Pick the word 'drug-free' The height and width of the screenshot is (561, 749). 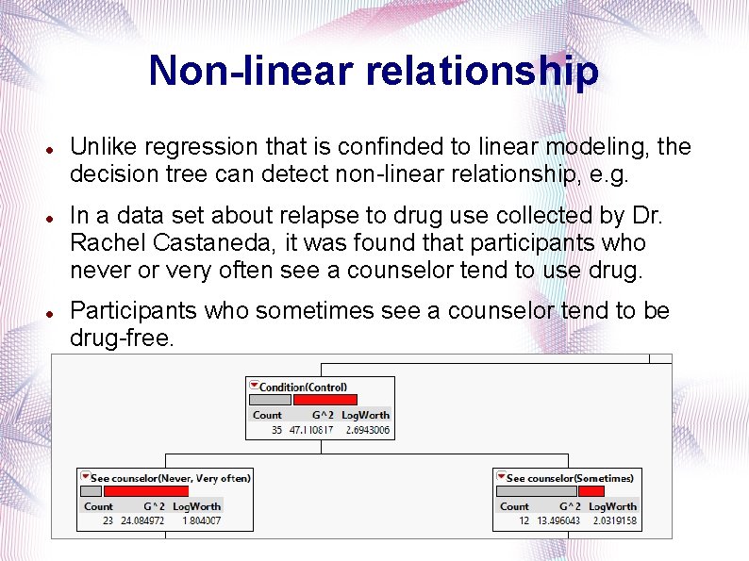(x=122, y=338)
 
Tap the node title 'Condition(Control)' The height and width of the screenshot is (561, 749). (x=303, y=387)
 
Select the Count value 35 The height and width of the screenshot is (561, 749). (x=276, y=430)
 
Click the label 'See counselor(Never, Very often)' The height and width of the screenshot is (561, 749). (x=170, y=478)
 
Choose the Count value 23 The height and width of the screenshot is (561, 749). (x=108, y=520)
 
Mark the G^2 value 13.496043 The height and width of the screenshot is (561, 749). (x=559, y=520)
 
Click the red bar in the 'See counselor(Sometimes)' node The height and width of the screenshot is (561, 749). (x=591, y=491)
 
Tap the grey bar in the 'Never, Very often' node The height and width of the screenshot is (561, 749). (x=91, y=491)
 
